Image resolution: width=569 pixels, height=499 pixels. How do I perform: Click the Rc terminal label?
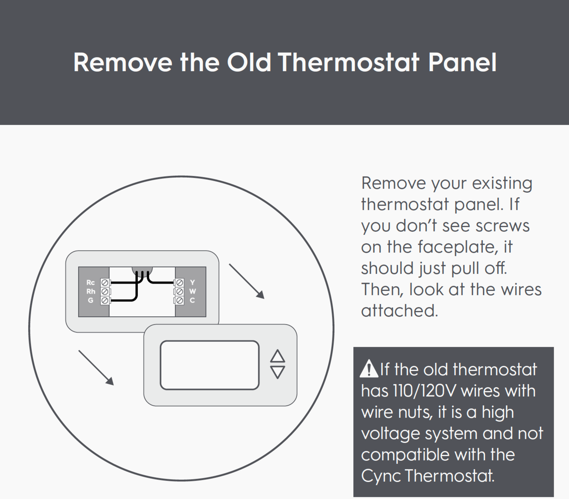tap(90, 283)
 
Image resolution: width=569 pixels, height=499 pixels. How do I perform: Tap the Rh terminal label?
tap(91, 291)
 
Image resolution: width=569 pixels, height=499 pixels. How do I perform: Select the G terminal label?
tap(90, 300)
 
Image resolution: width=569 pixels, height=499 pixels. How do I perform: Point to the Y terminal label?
tap(192, 283)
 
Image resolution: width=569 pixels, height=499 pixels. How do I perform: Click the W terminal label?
tap(192, 291)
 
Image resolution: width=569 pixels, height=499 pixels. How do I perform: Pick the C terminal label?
tap(192, 300)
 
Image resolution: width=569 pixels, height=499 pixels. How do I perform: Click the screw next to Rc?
tap(105, 283)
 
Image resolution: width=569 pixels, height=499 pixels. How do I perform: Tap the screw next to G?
tap(105, 300)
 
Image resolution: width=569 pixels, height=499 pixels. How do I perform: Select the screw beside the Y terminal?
tap(180, 283)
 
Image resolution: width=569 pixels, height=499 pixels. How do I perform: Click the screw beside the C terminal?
tap(180, 300)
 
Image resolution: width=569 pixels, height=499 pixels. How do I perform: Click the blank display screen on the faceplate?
tap(210, 365)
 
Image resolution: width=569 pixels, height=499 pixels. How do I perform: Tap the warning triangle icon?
tap(369, 369)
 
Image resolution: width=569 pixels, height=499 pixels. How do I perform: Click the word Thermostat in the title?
tap(348, 62)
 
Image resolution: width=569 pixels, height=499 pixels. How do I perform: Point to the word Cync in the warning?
tap(381, 476)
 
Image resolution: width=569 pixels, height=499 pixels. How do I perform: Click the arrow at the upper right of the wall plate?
tap(247, 281)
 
